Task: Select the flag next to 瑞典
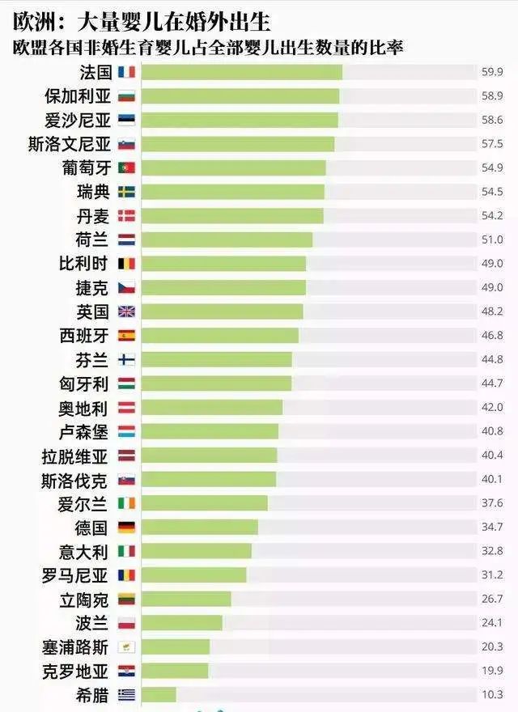(x=127, y=192)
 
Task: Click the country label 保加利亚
(x=77, y=96)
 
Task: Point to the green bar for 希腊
(x=159, y=694)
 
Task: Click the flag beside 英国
(x=127, y=311)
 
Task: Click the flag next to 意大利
(x=127, y=551)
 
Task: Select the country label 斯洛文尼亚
(x=69, y=144)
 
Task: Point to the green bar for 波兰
(x=181, y=623)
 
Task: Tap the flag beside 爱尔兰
(x=127, y=503)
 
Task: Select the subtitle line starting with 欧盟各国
(x=209, y=47)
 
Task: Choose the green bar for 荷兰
(x=227, y=239)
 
